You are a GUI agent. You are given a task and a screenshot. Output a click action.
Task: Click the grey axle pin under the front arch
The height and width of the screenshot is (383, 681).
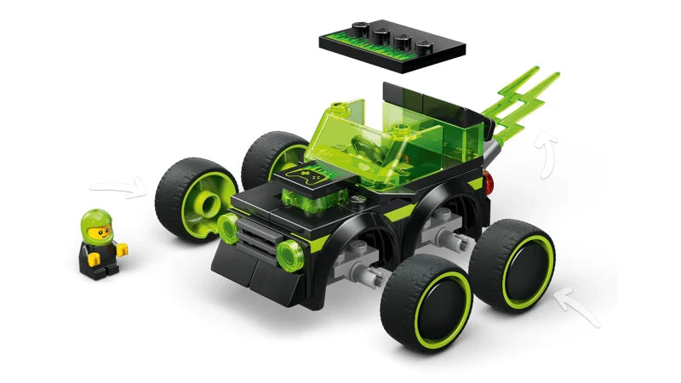coord(365,274)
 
